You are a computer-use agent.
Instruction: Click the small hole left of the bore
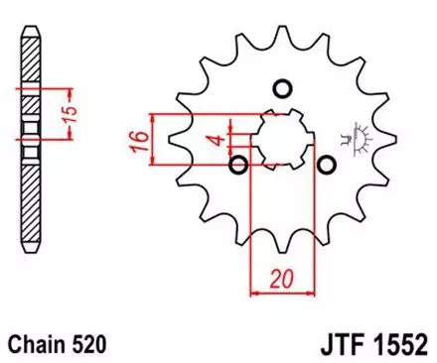(237, 162)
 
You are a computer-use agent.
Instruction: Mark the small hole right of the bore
(324, 162)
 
